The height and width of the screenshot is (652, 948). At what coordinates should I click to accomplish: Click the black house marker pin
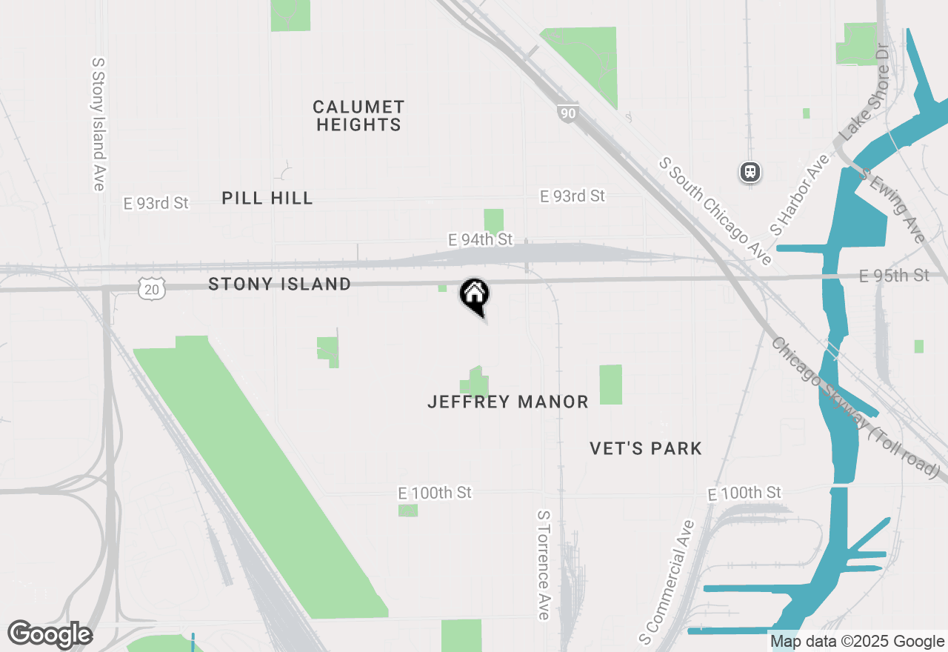[474, 296]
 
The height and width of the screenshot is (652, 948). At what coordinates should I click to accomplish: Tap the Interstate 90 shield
[567, 113]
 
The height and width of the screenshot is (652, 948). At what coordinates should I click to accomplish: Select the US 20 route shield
[151, 289]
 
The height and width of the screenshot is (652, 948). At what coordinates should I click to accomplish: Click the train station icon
[750, 173]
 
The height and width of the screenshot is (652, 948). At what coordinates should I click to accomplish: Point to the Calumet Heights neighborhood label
[358, 116]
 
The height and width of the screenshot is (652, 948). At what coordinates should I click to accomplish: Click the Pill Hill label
[267, 198]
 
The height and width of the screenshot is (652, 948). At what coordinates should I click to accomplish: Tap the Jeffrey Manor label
[508, 402]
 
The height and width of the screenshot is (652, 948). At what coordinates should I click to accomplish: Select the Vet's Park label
[646, 448]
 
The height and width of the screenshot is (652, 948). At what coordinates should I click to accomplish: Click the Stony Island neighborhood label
[279, 284]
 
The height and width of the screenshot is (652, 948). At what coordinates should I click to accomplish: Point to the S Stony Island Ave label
[98, 124]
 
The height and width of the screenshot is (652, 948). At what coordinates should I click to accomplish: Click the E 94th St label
[480, 239]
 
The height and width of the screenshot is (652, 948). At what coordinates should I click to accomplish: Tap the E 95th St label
[894, 276]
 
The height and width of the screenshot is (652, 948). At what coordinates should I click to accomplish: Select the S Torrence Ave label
[543, 564]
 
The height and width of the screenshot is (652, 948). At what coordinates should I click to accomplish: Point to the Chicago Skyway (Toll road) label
[855, 408]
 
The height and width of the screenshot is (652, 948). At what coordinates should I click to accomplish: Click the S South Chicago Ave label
[716, 210]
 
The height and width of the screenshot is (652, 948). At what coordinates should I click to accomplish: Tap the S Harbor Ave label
[799, 195]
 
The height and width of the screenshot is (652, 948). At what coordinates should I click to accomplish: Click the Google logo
[50, 634]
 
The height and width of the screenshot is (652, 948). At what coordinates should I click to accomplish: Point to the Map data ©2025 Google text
[857, 642]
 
